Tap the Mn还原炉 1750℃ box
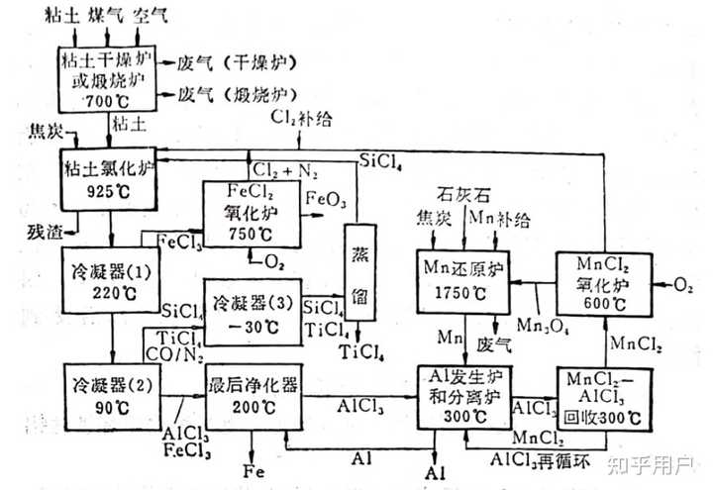[462, 280]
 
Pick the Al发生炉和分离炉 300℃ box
[463, 396]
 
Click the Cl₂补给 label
[305, 120]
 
